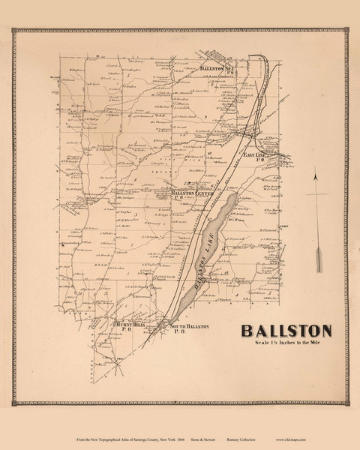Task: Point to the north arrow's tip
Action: (319, 174)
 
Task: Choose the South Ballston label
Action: (187, 328)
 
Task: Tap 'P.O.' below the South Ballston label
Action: (179, 334)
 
